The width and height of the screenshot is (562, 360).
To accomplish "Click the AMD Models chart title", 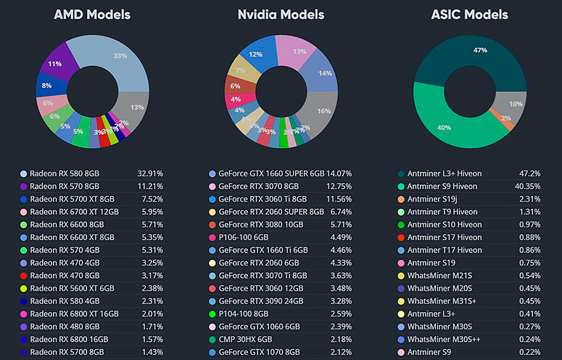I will [92, 15].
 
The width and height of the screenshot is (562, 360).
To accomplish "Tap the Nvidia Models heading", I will [281, 15].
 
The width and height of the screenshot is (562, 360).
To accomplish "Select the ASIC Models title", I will [469, 15].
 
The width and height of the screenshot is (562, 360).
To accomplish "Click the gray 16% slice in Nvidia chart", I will [323, 111].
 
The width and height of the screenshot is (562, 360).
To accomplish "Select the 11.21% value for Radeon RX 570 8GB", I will [150, 187].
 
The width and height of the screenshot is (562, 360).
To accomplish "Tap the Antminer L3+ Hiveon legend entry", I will [444, 174].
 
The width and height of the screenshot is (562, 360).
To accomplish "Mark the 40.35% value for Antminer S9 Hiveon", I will [526, 187].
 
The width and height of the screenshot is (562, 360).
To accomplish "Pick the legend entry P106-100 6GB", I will [244, 236].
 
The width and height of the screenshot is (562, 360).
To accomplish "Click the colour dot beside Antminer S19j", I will [401, 199].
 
